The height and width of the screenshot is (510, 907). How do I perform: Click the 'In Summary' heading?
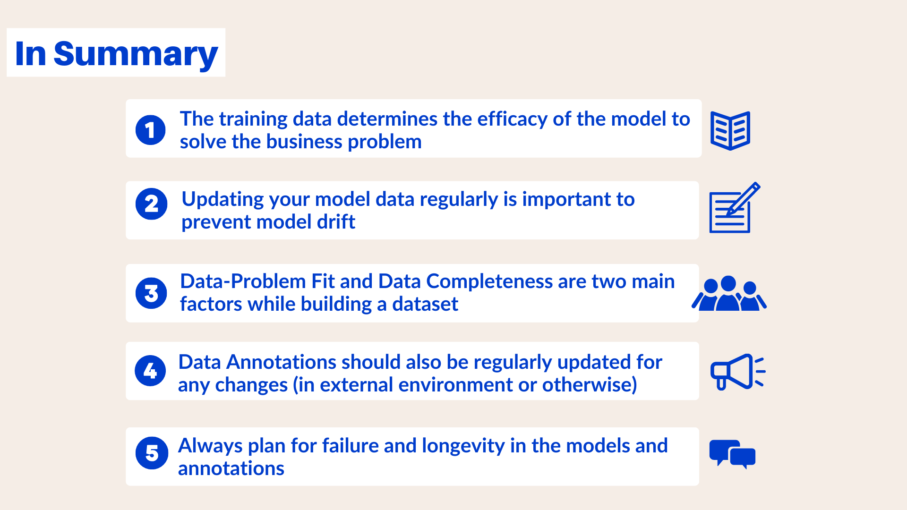[116, 53]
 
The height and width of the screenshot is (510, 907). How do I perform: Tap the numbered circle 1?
[150, 130]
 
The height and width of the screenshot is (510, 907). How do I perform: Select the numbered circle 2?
[151, 204]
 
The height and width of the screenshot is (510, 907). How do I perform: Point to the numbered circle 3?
[151, 293]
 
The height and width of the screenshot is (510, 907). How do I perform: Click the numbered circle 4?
[150, 371]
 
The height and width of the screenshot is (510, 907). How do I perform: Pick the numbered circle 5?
[152, 453]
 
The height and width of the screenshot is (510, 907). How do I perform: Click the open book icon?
[730, 130]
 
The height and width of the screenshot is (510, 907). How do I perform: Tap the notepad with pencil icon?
[733, 209]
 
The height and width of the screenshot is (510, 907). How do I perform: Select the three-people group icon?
[729, 294]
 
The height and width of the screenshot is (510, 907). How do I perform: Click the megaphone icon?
[737, 372]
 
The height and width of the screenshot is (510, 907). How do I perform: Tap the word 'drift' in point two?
[336, 222]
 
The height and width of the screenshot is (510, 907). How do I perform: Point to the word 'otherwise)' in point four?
[590, 385]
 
